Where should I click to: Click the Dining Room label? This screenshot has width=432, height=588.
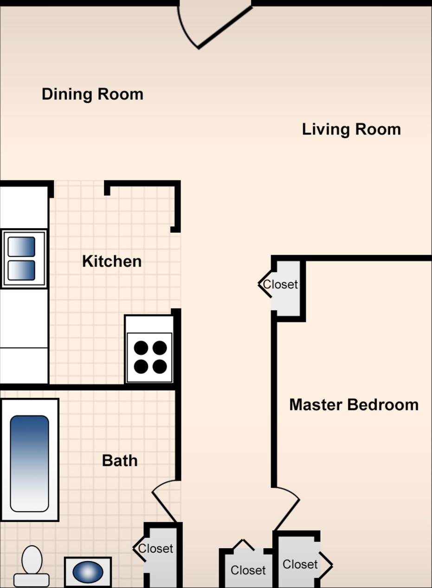click(x=92, y=94)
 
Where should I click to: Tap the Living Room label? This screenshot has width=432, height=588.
click(x=351, y=129)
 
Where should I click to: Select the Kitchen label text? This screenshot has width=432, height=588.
click(x=112, y=261)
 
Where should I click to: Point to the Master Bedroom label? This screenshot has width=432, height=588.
click(x=354, y=404)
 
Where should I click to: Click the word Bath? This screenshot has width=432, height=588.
click(x=120, y=460)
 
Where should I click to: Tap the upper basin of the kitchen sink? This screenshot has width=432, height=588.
click(x=21, y=247)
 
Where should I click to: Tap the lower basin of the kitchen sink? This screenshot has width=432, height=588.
click(x=21, y=270)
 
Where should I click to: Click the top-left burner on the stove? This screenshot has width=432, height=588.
click(x=141, y=348)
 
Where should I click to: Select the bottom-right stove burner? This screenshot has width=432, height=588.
click(x=160, y=367)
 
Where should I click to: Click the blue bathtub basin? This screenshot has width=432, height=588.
click(x=29, y=463)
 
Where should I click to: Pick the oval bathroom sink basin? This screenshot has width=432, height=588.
click(x=88, y=572)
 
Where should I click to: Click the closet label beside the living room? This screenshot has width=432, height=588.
click(x=280, y=284)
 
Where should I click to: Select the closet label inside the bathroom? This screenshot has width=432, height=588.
click(x=155, y=549)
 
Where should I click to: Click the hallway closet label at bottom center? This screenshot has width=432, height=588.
click(x=248, y=570)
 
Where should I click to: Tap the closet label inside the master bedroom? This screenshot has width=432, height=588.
click(x=300, y=564)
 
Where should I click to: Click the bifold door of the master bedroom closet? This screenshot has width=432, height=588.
click(x=326, y=565)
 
